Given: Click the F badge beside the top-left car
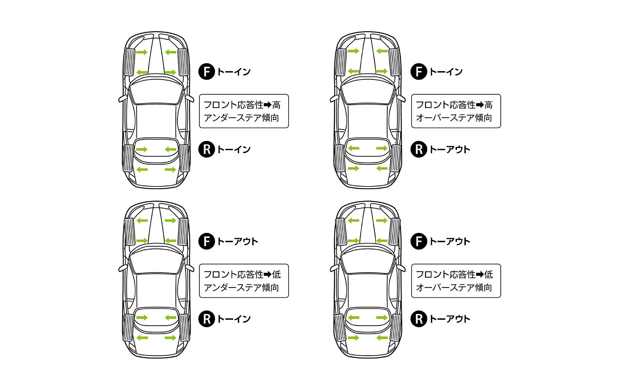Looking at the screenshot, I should (x=207, y=72).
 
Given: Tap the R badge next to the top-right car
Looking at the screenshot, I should (x=419, y=149).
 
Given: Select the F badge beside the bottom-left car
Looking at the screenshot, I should (x=207, y=241).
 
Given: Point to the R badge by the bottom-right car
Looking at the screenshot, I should (x=419, y=319).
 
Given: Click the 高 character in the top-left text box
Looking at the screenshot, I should (x=277, y=105).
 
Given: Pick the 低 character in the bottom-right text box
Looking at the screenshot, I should (x=488, y=275).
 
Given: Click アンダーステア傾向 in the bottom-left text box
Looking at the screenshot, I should (x=241, y=288).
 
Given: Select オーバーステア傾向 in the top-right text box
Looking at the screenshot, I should (x=454, y=118).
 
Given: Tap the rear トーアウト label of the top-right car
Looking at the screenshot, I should (x=450, y=150).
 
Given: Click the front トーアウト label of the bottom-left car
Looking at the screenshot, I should (x=238, y=241).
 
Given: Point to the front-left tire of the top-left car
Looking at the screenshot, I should (x=129, y=62).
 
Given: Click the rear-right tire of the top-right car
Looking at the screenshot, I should (x=396, y=158).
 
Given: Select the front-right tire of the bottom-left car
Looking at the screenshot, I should (x=183, y=232).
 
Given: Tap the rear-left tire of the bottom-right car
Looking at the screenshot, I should (x=340, y=327).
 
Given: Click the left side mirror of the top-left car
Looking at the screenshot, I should (x=123, y=99).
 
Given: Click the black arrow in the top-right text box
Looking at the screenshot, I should (x=480, y=105).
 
